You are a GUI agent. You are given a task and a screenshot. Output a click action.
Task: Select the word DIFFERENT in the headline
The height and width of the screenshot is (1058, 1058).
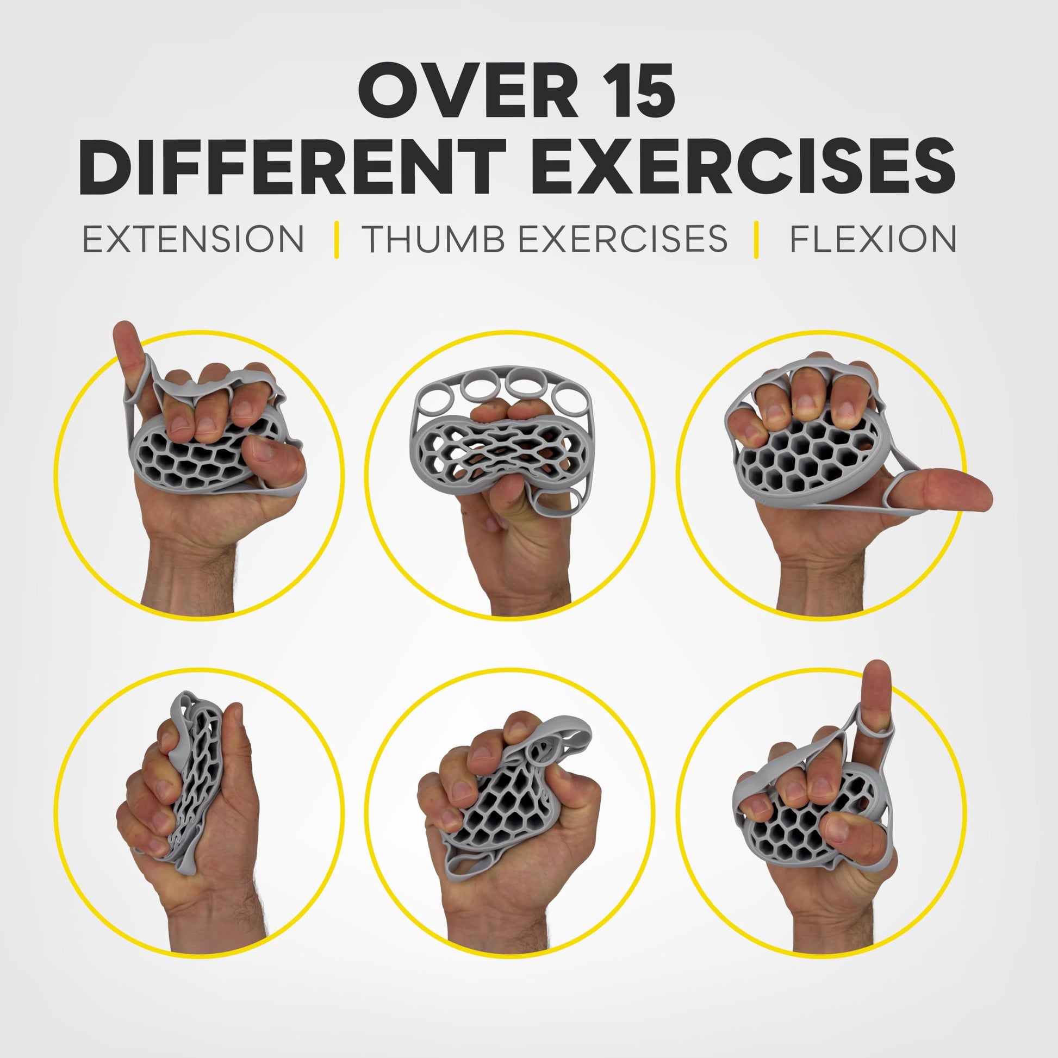pos(294,167)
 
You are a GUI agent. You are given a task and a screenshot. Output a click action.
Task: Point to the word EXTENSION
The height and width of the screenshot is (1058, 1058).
pos(194,239)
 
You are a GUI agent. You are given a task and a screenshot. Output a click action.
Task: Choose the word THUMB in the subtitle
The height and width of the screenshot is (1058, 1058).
pos(433,239)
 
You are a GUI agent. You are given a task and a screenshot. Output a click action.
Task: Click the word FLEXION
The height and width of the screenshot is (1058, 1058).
pos(873,239)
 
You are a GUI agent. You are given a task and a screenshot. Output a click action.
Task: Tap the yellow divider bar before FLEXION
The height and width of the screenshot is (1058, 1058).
pos(756,239)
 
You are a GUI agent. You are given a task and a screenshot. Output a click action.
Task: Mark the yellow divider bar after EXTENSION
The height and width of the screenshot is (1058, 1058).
pos(336,239)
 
